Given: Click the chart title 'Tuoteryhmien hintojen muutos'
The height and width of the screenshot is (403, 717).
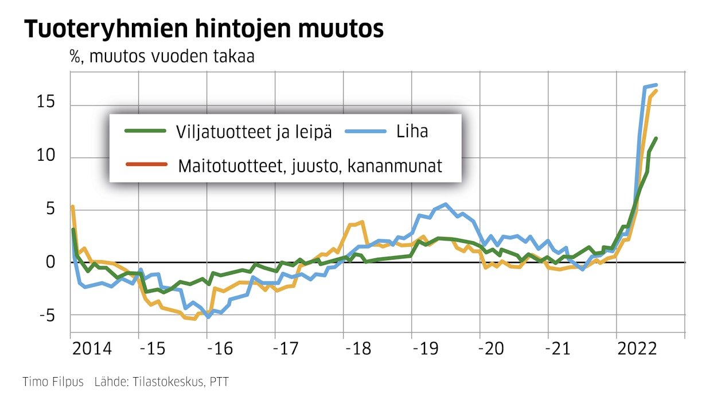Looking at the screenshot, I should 203,29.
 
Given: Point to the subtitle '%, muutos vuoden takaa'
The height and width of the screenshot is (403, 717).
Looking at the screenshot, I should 162,57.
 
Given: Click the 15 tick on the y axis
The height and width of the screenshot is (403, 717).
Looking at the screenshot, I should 45,103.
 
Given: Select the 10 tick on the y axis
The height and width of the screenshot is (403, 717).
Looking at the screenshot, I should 45,157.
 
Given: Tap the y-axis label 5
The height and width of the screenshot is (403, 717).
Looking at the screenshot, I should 50,209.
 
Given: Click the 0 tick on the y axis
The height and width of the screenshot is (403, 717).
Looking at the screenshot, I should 50,262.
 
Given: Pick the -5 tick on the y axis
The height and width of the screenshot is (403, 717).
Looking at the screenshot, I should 46,315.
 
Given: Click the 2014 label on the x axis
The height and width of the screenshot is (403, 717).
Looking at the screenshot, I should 92,349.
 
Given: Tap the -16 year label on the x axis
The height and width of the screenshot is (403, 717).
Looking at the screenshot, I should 221,349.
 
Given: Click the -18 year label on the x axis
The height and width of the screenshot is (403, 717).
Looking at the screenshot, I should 358,349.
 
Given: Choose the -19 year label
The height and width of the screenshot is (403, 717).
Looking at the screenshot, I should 426,349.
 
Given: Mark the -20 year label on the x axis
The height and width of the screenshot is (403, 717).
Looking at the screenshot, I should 494,349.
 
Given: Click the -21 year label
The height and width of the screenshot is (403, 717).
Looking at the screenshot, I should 563,349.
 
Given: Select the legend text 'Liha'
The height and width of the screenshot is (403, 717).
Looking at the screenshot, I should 412,131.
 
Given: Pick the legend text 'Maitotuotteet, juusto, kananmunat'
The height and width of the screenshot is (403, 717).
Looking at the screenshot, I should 310,166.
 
